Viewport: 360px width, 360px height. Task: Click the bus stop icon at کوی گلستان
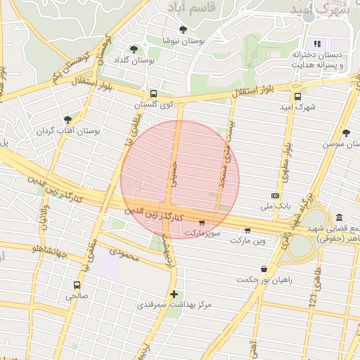click(153, 94)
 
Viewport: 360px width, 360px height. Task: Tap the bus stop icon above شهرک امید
click(297, 97)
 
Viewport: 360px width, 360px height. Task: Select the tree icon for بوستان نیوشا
click(183, 30)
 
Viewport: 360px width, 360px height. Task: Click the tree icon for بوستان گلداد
click(134, 49)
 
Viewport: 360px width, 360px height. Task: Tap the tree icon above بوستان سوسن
click(345, 132)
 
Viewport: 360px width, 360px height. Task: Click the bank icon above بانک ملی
click(275, 195)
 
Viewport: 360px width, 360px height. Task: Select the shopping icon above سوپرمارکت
click(202, 222)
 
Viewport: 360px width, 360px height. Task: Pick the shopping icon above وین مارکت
click(248, 230)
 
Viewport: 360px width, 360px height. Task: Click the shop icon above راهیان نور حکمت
click(264, 269)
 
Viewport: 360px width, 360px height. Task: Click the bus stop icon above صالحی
click(77, 285)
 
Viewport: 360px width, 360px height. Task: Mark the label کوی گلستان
click(153, 105)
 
